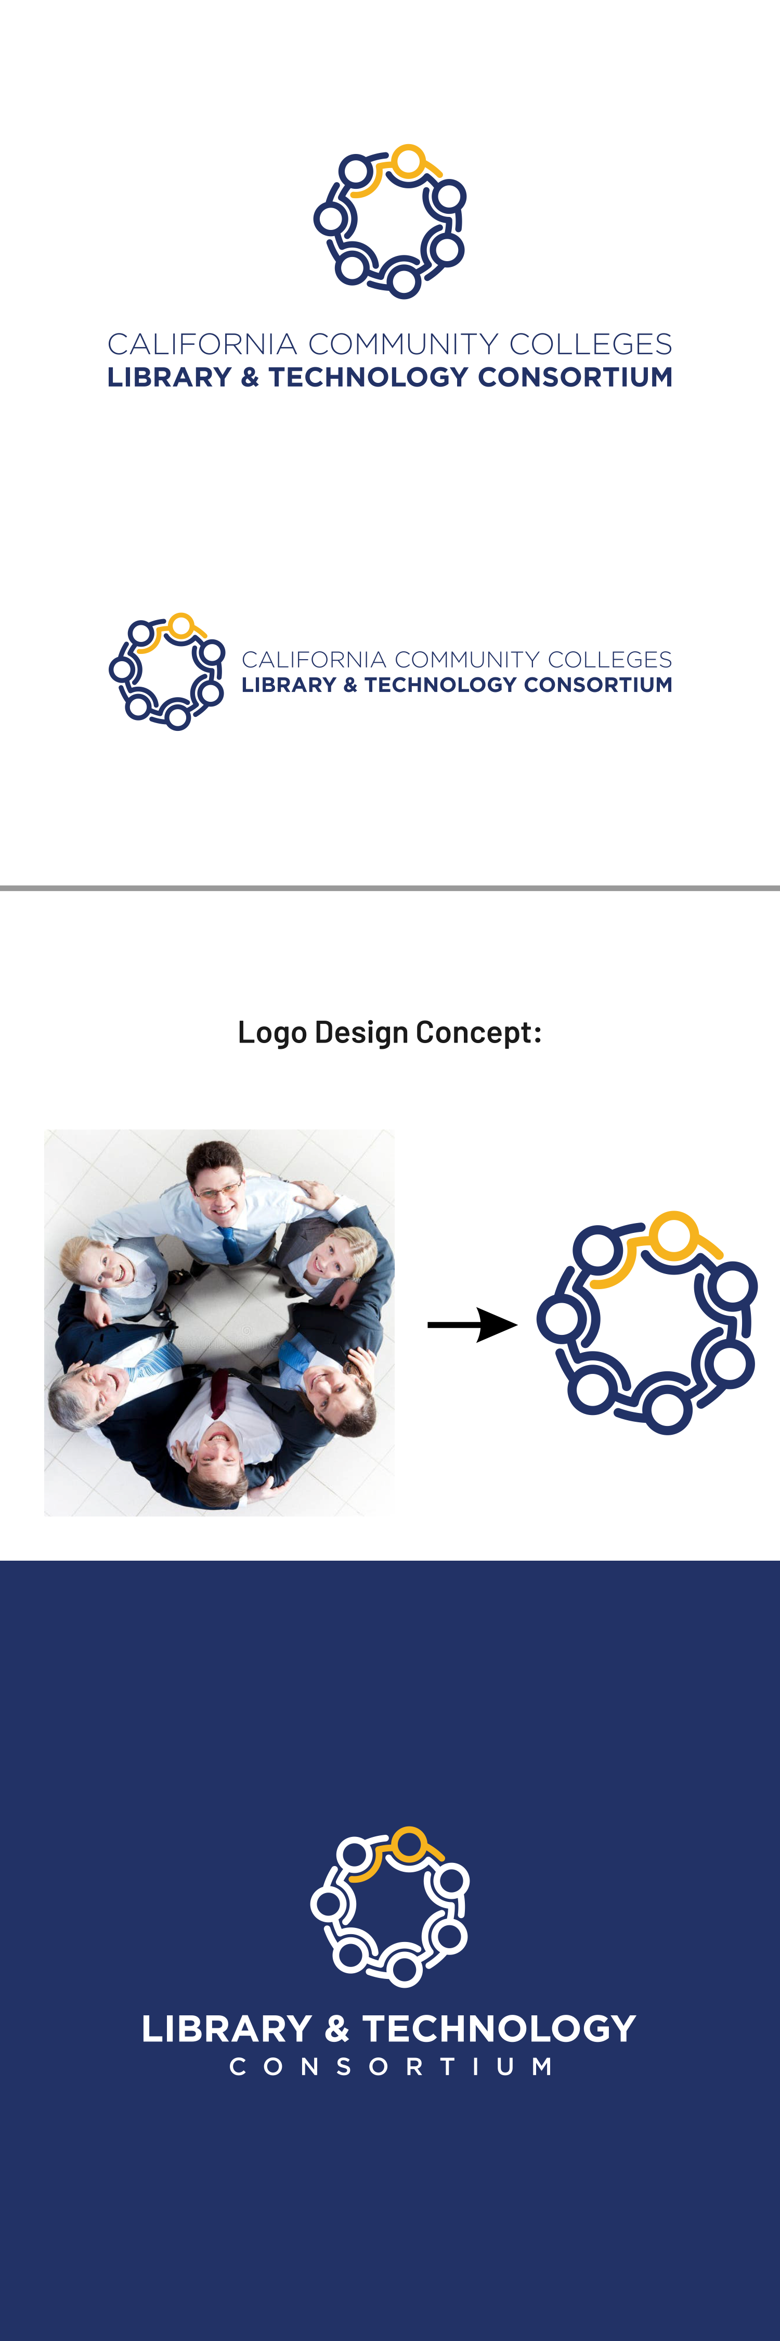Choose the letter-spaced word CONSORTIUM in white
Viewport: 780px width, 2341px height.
point(391,2066)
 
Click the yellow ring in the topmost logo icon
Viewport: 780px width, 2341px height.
point(409,161)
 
